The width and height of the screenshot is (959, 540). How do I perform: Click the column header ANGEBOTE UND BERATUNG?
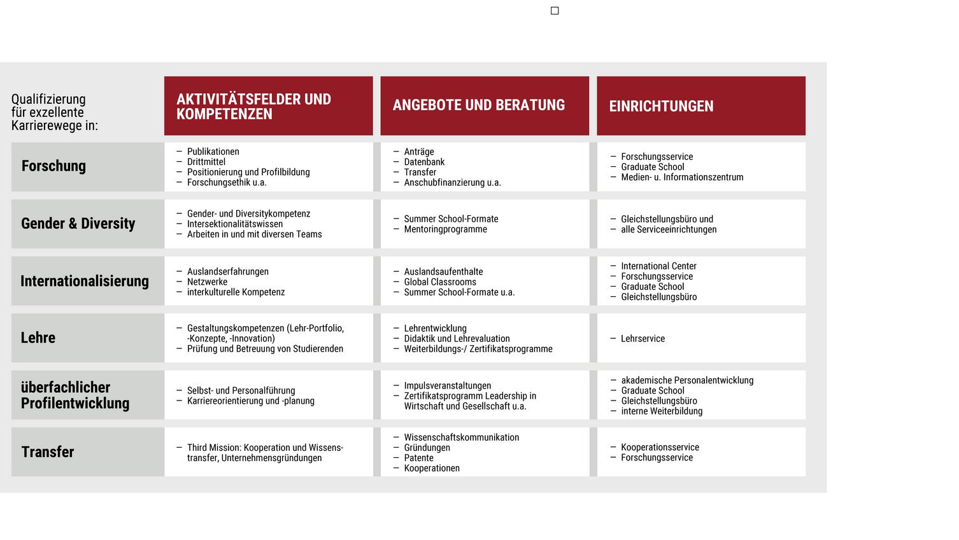[478, 105]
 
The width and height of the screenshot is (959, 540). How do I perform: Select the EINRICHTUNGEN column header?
[661, 106]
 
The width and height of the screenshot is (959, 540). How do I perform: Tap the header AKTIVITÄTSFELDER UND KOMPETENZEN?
[253, 106]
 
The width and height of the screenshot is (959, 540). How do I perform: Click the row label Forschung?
[53, 166]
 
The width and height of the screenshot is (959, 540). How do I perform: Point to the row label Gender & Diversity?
[78, 224]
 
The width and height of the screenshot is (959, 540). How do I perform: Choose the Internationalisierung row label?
[84, 281]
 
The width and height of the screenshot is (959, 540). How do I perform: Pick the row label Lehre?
[38, 337]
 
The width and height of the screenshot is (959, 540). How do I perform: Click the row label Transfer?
[48, 451]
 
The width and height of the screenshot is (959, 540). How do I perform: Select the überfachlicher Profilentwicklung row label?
[75, 395]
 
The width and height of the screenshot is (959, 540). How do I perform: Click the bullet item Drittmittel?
[206, 162]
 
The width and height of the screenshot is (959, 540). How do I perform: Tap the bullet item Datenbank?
[424, 162]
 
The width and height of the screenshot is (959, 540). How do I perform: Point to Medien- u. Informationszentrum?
[682, 177]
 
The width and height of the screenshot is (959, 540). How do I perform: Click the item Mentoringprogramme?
[445, 229]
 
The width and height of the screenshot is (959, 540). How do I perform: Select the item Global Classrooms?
[440, 282]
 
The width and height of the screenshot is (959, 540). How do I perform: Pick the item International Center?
[658, 266]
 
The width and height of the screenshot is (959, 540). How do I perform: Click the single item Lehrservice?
[643, 339]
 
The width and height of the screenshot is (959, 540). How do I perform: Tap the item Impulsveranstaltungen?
[448, 386]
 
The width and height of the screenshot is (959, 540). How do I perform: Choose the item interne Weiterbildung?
[662, 411]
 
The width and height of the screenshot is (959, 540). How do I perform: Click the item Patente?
[418, 458]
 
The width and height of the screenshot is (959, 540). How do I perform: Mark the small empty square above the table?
[555, 11]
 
